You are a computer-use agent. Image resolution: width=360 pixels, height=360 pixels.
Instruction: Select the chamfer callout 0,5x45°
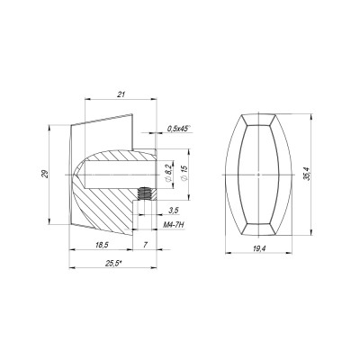pos(178,129)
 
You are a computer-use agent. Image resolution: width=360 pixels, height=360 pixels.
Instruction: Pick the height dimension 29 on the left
pos(45,175)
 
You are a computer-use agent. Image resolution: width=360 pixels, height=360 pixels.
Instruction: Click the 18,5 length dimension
pos(102,245)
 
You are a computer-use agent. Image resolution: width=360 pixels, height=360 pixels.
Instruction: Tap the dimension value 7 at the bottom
pos(144,245)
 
